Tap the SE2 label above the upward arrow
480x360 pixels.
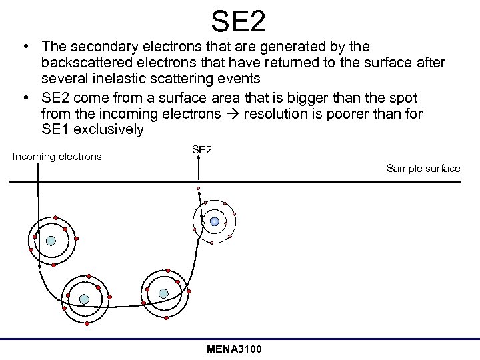(x=201, y=150)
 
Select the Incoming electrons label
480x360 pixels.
(x=57, y=157)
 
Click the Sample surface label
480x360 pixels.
(x=423, y=168)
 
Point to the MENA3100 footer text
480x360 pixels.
(x=235, y=349)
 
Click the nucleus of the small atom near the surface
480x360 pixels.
(x=214, y=221)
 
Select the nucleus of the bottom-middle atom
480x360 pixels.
(x=84, y=299)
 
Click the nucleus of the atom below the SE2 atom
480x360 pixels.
(x=163, y=293)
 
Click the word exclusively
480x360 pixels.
(x=107, y=129)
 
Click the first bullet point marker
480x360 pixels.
(x=25, y=47)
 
